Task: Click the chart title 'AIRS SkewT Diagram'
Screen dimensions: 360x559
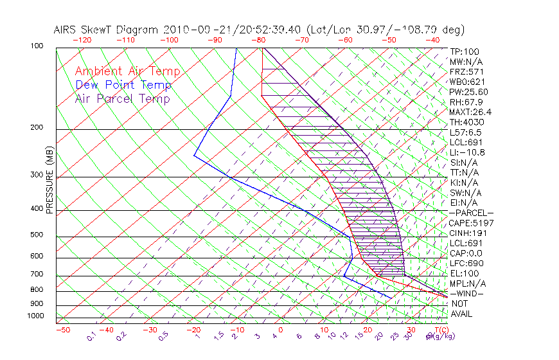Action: [x=107, y=30]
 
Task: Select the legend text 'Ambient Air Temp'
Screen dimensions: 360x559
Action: [x=127, y=71]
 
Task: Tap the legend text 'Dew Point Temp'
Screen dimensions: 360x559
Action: [x=123, y=85]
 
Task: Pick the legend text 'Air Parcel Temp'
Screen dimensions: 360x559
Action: [x=122, y=98]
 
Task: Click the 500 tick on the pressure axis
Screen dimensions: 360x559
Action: [x=37, y=235]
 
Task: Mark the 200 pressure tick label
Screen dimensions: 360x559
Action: [x=37, y=127]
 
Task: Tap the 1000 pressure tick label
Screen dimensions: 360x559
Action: [x=35, y=316]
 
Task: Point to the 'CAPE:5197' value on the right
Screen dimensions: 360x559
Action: [x=471, y=223]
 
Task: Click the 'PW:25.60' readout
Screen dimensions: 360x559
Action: [x=468, y=91]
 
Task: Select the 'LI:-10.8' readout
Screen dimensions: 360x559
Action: [x=467, y=152]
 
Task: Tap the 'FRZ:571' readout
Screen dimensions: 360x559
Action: [x=466, y=71]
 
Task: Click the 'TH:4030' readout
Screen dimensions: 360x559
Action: [x=467, y=122]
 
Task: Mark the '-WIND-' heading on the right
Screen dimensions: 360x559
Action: [x=468, y=293]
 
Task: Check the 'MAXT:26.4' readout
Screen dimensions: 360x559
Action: [x=471, y=112]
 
